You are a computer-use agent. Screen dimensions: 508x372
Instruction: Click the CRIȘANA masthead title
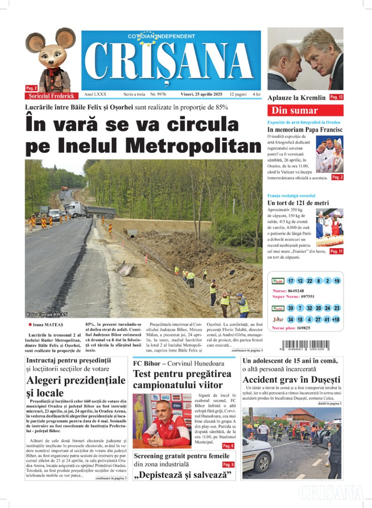[171, 62]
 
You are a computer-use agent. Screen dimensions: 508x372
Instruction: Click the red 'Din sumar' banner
[305, 111]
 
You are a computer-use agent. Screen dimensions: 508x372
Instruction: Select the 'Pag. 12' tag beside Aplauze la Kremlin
[336, 97]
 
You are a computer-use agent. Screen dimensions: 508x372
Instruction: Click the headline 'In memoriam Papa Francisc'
[305, 129]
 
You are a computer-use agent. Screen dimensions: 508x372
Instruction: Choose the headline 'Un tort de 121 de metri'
[298, 203]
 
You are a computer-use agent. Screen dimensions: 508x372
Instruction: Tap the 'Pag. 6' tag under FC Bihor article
[228, 445]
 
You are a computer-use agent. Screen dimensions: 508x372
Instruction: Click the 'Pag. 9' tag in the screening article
[228, 464]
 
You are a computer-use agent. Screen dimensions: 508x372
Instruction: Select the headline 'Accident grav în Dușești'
[292, 380]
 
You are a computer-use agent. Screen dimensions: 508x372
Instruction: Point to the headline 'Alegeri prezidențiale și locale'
[76, 386]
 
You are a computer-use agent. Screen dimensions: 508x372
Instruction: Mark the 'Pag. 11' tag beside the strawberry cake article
[336, 252]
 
